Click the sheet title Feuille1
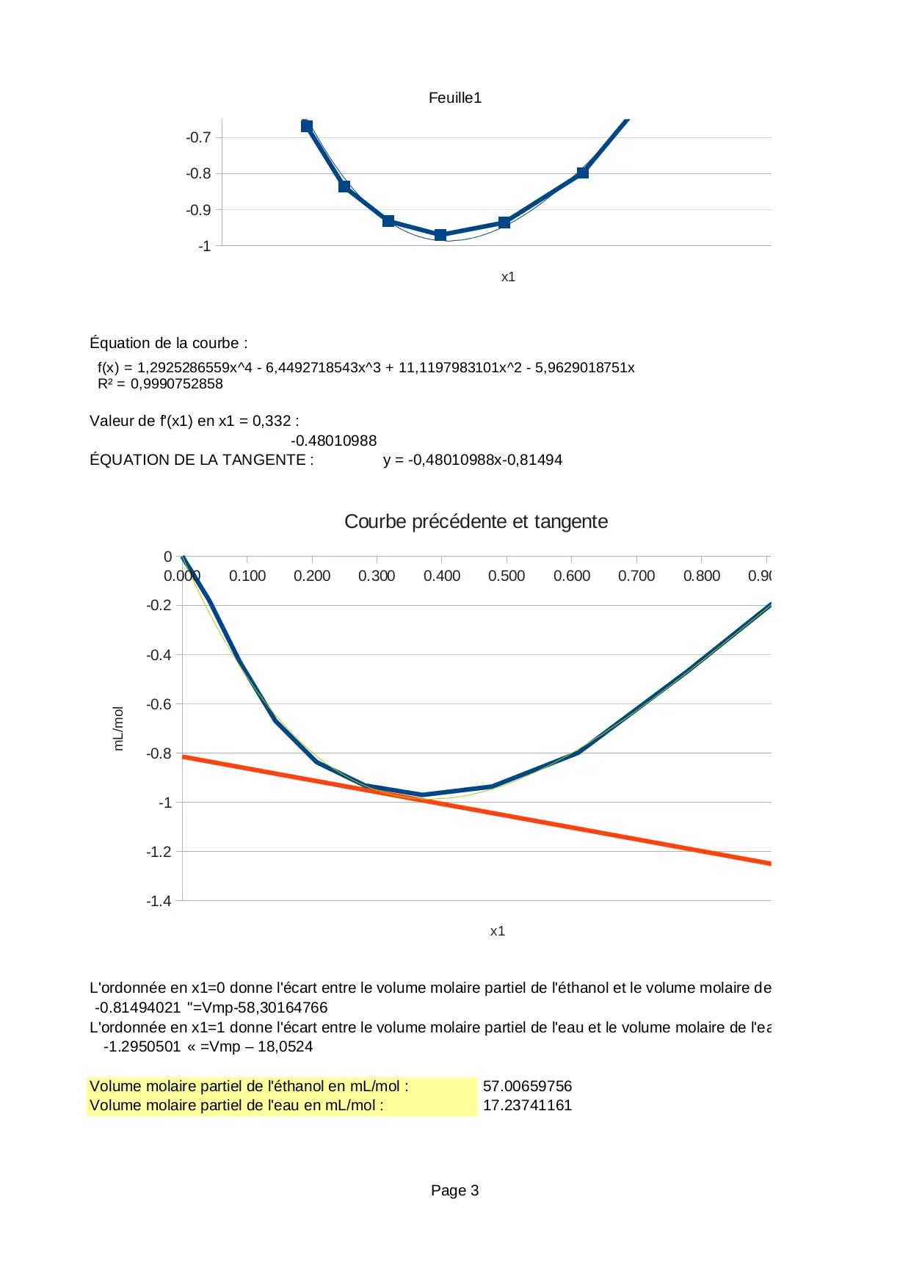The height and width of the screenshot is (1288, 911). coord(454,98)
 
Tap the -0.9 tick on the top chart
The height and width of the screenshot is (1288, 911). coord(198,210)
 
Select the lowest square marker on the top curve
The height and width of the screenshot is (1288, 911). coord(440,235)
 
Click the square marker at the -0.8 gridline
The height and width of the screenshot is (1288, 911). coord(582,173)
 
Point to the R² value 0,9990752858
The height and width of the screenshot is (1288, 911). coord(176,384)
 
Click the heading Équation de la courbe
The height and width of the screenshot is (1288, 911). coord(168,343)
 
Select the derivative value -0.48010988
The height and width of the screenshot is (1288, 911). coord(333,441)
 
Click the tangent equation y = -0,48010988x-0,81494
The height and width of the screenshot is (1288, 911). coord(472,460)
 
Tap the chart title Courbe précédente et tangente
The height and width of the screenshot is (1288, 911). coord(476,521)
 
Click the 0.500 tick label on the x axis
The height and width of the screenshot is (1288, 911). coord(507,576)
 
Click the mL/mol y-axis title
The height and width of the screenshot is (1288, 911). coord(118,728)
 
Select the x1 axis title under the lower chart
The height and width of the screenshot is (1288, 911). coord(498,931)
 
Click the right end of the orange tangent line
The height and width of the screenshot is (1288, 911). coord(769,864)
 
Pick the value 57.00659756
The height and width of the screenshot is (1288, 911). coord(527,1086)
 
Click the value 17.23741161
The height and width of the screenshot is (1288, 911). coord(527,1105)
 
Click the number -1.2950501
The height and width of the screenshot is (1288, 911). coord(142,1046)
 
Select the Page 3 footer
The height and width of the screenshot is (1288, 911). coord(454,1190)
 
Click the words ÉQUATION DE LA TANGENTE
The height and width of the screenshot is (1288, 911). coord(201,460)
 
